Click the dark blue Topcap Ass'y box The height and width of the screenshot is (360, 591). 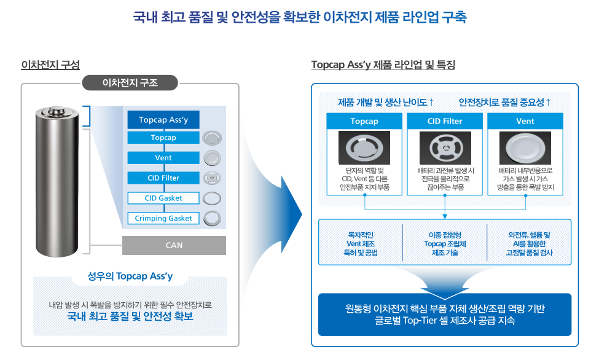[x=163, y=120]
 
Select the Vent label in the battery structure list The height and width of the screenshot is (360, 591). [x=163, y=158]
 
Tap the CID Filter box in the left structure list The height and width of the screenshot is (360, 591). [x=163, y=178]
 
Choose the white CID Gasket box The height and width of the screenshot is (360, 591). [x=163, y=198]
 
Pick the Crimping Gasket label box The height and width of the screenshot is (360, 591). [x=163, y=218]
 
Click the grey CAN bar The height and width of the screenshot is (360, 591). [x=174, y=245]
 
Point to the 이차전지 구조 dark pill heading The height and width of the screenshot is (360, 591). [x=130, y=82]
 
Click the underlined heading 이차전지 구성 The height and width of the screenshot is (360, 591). [x=50, y=65]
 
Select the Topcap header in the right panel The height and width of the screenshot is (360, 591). [x=364, y=122]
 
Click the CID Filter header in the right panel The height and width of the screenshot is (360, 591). [x=445, y=122]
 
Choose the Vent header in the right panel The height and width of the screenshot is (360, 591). [x=525, y=122]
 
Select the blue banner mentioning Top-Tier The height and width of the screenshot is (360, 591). [x=445, y=314]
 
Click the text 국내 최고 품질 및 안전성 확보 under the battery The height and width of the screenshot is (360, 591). [x=130, y=316]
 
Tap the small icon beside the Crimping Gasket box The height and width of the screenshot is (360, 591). [x=213, y=218]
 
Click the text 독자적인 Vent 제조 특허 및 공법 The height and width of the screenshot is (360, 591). [x=362, y=243]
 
